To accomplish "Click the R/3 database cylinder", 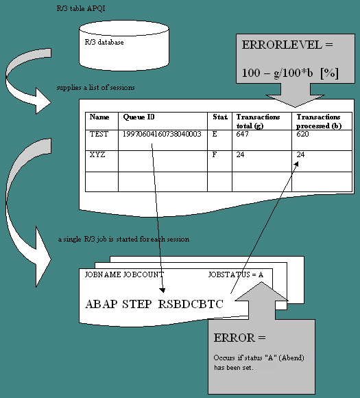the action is pos(124,46).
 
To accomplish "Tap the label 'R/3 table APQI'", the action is pos(81,8).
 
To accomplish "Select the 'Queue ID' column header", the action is pos(139,117).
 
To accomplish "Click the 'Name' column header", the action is pos(99,117).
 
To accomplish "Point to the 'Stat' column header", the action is pos(220,117).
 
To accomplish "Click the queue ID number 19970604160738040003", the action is pos(162,134).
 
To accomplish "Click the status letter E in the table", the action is pos(215,134).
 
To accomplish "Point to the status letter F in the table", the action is pos(215,154).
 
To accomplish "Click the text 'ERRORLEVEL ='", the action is pos(287,45).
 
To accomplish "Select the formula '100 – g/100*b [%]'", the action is pos(290,73).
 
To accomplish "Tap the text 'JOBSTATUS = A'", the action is pos(236,274).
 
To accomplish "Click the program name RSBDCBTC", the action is pos(191,304).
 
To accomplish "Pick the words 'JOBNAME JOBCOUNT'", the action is pos(124,274).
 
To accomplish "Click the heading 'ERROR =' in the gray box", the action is pos(239,338).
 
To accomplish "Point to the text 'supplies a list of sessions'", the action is pos(95,87).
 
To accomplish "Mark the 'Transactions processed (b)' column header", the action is pos(319,121).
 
